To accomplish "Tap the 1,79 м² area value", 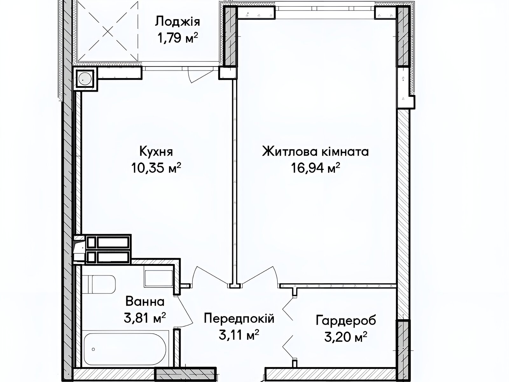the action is tap(178, 38).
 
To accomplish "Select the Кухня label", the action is tap(156, 152).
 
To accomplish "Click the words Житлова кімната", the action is tap(315, 152).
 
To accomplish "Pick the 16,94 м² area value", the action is tap(315, 168).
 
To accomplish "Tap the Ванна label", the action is tap(145, 301).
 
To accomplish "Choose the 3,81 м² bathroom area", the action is tap(145, 317).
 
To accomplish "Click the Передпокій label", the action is tap(239, 318).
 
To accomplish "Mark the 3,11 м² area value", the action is tap(239, 335).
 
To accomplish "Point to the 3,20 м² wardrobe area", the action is tap(346, 336).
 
